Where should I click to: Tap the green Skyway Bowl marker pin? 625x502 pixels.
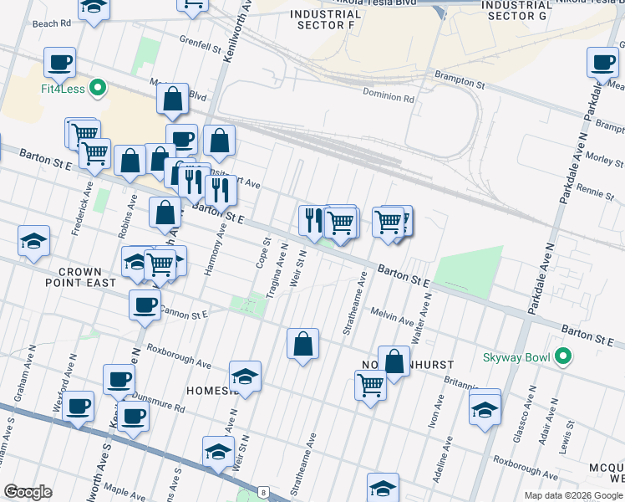(x=563, y=357)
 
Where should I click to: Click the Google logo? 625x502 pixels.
(x=28, y=492)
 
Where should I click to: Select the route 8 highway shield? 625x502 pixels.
(x=263, y=492)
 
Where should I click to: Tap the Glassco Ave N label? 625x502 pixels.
(x=530, y=407)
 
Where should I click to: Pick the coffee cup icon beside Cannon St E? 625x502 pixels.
(x=145, y=305)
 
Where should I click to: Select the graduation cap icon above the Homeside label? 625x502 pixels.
(x=246, y=376)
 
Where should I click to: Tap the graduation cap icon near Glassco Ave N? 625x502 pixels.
(x=485, y=409)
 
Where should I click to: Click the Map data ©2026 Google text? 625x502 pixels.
(x=572, y=495)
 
